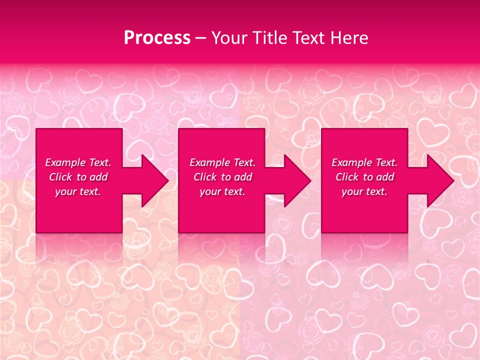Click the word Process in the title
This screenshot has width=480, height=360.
(157, 38)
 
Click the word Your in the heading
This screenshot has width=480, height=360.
(229, 38)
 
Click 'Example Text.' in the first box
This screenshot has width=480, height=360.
(78, 162)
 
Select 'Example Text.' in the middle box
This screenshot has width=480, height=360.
(222, 162)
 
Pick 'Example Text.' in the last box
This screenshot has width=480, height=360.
(364, 162)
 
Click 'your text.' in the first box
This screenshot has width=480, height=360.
(78, 191)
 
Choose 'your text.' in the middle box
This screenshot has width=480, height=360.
(222, 191)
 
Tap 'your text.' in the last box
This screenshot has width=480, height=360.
(364, 191)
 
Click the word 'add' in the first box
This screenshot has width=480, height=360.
(98, 177)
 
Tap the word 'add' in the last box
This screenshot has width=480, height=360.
(385, 177)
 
